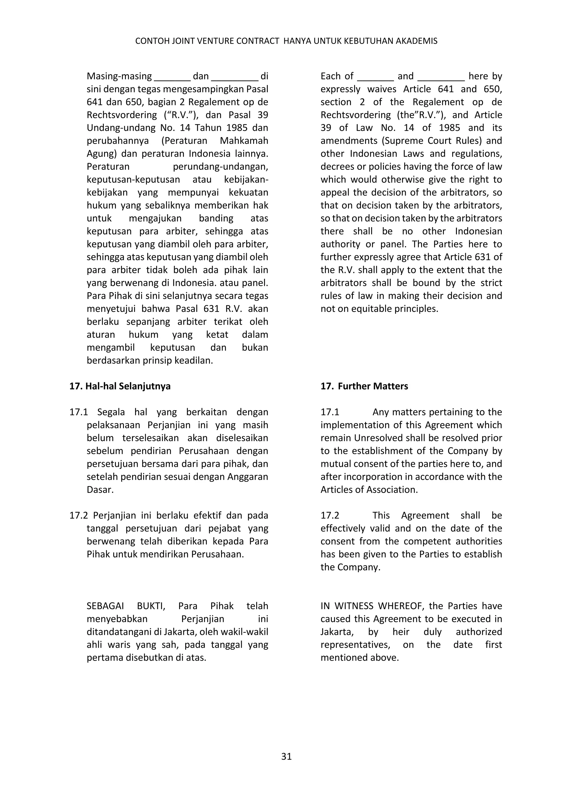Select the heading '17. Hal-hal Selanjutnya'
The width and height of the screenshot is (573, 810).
[x=120, y=386]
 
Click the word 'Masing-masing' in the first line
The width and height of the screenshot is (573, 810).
[x=119, y=76]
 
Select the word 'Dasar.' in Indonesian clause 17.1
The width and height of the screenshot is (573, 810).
[x=100, y=490]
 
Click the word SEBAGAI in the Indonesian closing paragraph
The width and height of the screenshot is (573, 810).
[x=105, y=606]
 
